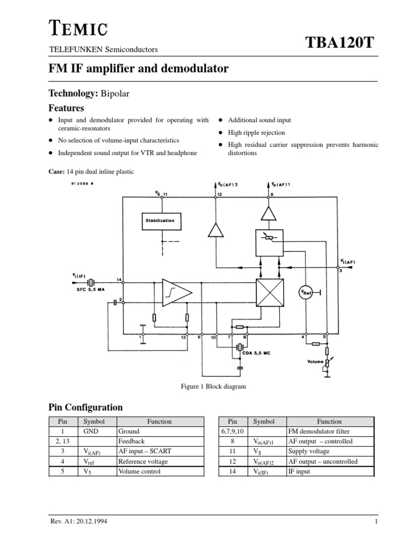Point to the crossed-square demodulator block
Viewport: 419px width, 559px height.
click(270, 293)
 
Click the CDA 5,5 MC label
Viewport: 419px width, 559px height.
click(256, 353)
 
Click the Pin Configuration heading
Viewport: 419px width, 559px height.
click(86, 407)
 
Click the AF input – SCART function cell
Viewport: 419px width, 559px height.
click(144, 451)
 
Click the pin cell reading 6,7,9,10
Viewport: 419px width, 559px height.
click(232, 431)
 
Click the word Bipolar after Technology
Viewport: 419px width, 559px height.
click(117, 93)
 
